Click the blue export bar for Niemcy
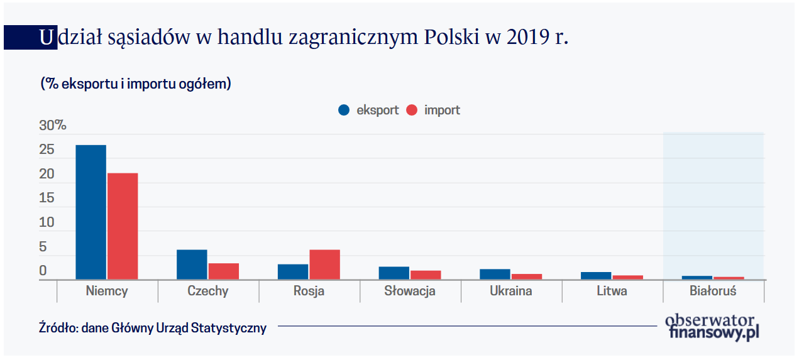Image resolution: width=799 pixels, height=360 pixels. (91, 212)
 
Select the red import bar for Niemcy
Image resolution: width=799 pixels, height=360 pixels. (123, 226)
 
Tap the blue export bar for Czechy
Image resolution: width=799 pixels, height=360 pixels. (192, 265)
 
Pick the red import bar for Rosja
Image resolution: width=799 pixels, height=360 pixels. (324, 265)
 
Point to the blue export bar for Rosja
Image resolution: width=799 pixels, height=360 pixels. (293, 271)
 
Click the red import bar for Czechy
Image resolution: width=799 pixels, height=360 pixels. (224, 271)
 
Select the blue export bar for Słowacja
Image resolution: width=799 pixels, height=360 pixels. (394, 273)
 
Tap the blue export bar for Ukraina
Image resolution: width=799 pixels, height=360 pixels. (495, 274)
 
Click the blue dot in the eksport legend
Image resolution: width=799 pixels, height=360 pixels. (344, 110)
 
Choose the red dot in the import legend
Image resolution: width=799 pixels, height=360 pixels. (412, 110)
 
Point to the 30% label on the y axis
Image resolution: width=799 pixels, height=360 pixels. (53, 125)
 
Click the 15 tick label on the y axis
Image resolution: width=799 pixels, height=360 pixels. (47, 199)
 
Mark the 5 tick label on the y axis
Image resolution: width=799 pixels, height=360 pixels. (43, 247)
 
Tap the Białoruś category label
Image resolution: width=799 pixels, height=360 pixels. (713, 291)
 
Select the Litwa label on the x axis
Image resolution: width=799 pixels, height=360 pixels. (612, 291)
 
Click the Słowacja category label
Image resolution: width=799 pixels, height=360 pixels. (410, 291)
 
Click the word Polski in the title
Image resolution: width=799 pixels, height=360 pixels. (452, 38)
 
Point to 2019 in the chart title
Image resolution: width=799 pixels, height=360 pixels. (525, 38)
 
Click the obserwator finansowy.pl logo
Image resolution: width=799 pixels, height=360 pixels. (712, 327)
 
